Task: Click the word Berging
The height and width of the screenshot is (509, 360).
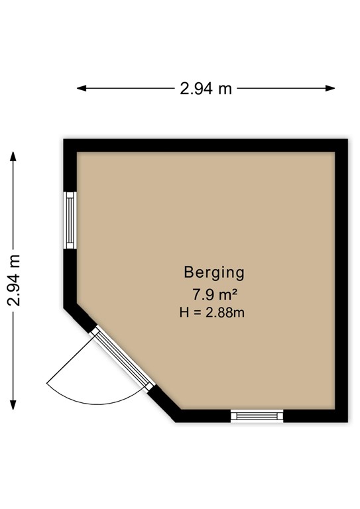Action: pos(214,272)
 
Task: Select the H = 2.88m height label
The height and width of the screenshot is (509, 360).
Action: pos(212,312)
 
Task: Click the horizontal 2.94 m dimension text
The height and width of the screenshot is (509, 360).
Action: pos(206,88)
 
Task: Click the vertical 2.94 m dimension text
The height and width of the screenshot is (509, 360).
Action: pos(15,280)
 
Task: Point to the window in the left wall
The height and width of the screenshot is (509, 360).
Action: pos(70,221)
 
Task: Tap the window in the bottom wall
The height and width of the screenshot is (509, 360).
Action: pos(257,416)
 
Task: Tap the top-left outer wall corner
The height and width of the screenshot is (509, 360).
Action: pos(65,141)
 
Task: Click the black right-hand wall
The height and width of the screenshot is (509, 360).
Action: pos(341,278)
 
